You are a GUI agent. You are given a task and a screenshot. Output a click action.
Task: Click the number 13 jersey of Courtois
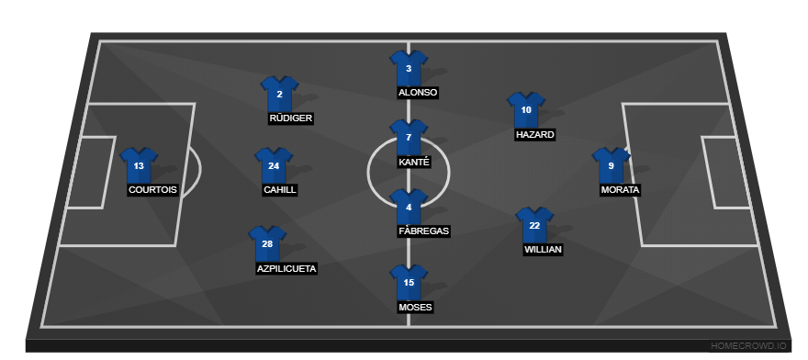139,166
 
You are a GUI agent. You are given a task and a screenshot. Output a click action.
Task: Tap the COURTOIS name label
152,190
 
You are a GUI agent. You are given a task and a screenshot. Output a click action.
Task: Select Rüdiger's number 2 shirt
279,95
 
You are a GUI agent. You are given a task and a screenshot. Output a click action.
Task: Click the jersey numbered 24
274,166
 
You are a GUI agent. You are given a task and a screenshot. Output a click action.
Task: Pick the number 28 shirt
267,244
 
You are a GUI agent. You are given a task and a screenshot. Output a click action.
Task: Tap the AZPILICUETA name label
286,269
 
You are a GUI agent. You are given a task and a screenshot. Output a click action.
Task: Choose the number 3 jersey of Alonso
409,69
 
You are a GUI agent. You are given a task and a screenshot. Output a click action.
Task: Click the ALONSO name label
418,93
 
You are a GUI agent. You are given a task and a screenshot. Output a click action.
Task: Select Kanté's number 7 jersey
409,138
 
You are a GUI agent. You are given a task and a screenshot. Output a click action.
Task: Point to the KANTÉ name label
413,162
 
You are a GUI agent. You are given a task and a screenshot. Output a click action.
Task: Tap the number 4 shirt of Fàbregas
409,208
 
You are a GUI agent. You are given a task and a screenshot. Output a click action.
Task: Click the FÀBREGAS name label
423,231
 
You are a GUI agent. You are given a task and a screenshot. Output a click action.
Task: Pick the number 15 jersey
409,283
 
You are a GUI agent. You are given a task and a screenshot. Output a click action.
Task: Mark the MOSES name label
415,307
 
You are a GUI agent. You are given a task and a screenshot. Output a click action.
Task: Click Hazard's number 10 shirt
526,110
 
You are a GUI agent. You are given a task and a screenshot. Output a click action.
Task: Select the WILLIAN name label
543,249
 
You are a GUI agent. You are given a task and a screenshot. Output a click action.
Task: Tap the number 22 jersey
534,226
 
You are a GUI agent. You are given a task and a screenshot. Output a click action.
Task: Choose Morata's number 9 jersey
611,166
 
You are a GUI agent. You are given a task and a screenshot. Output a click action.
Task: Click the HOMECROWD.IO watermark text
748,346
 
